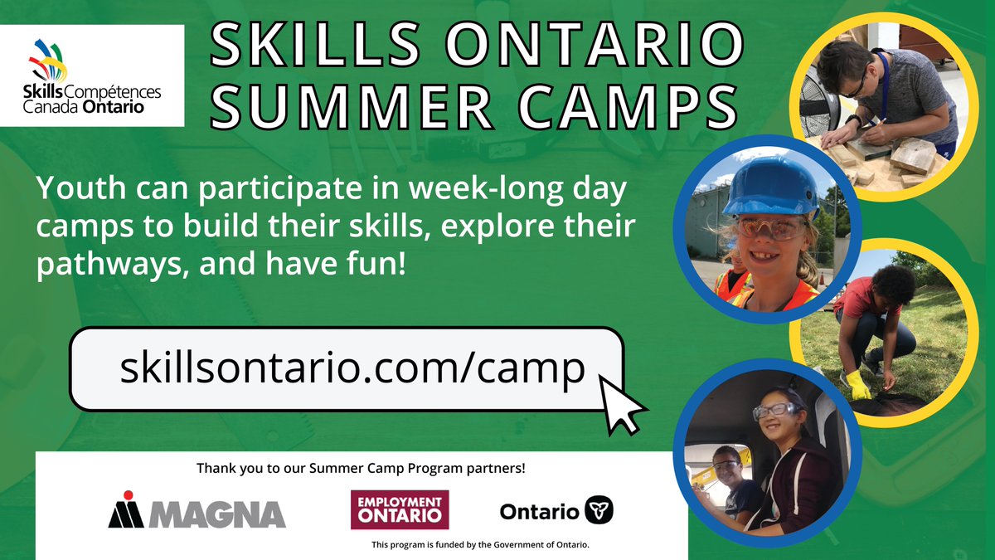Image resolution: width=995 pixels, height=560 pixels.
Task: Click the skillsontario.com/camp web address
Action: coord(352,368)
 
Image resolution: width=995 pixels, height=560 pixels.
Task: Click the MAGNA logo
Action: coord(197,510)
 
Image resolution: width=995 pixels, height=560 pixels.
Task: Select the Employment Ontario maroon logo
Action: coord(400,509)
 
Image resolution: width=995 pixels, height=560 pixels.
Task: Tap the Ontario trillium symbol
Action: coord(599,511)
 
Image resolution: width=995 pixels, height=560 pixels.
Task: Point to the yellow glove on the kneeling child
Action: coord(857,384)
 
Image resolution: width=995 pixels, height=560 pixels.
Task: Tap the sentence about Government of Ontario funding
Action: coord(480,545)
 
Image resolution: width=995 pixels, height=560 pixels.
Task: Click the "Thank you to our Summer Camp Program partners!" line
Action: coord(361,468)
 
